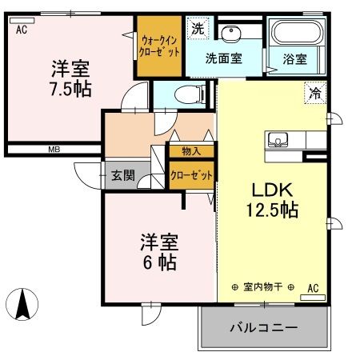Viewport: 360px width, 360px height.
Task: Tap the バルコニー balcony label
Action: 264,328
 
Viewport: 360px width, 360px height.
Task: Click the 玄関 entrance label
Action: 122,175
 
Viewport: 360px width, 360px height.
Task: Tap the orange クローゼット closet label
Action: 190,175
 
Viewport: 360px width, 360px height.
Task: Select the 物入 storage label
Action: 190,150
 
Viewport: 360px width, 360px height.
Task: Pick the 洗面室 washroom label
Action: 224,58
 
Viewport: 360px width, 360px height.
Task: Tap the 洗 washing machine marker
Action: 197,28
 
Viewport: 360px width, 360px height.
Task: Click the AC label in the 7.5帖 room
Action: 22,30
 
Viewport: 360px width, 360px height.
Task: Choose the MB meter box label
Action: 54,149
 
